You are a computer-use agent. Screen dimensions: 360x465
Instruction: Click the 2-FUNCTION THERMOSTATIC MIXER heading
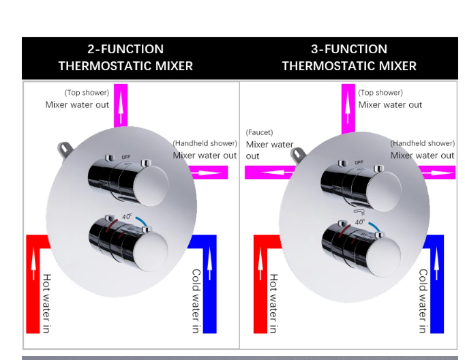click(125, 57)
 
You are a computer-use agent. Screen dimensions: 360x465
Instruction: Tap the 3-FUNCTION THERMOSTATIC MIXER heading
click(349, 57)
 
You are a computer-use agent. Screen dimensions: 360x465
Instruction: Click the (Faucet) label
click(259, 132)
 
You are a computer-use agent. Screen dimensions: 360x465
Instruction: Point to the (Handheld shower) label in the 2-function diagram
click(205, 143)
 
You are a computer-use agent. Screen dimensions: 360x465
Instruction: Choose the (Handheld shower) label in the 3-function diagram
click(422, 143)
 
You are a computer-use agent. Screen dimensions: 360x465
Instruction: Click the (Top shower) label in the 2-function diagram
click(87, 93)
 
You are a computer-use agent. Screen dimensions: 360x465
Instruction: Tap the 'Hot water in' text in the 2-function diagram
click(46, 303)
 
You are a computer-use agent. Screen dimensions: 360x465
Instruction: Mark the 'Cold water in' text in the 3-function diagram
click(423, 301)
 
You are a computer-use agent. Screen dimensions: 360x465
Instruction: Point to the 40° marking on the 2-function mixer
click(127, 217)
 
